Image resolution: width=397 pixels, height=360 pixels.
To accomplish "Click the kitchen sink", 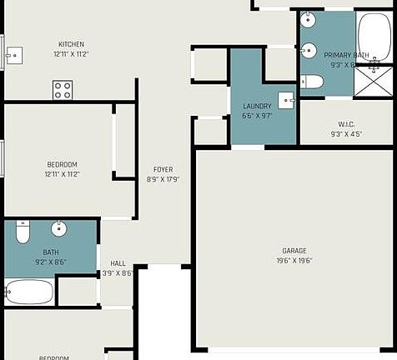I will point(13,56).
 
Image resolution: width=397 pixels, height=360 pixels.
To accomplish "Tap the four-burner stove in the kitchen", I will point(63,89).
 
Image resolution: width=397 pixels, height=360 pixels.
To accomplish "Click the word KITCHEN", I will point(71,45).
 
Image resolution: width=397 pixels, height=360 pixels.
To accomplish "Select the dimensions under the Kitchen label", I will point(71,54).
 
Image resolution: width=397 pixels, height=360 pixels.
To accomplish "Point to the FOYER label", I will point(163,169).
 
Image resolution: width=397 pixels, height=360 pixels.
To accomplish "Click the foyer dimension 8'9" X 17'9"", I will point(163,179).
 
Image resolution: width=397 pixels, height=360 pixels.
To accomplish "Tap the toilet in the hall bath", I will point(23,229).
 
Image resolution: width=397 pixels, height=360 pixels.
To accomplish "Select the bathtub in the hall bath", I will point(29,292).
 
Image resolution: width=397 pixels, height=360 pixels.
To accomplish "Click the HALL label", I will point(118,263).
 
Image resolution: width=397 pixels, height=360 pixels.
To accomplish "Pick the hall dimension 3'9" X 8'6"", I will point(118,272).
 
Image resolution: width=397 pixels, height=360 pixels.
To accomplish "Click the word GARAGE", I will point(294,250).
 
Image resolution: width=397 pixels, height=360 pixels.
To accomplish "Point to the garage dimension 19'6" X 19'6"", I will point(294,260).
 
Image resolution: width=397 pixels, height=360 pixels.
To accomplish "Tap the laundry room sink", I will point(287,99).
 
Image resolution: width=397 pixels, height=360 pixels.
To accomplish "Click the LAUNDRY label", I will point(257,107).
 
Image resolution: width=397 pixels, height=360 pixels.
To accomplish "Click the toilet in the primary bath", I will point(312,82).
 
